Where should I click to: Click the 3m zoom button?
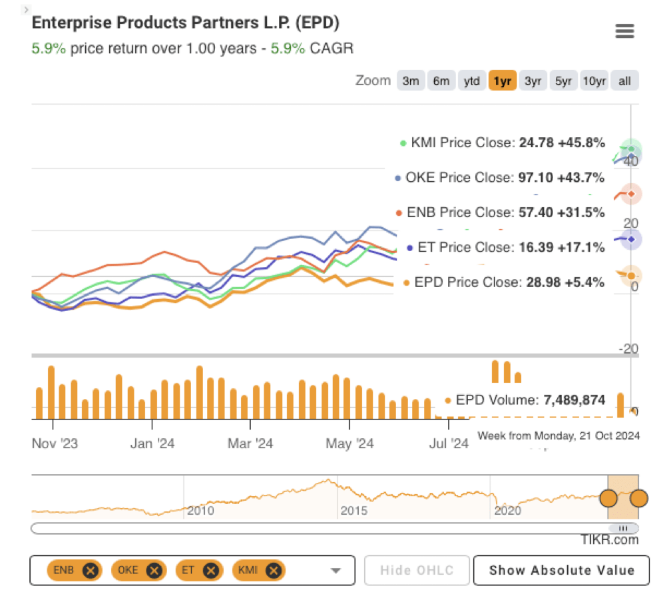(x=411, y=81)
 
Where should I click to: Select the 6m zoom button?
(x=441, y=81)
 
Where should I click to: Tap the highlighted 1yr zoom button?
(x=502, y=81)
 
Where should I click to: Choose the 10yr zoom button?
(x=593, y=81)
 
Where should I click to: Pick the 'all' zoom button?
(x=624, y=81)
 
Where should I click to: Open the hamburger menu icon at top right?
(x=624, y=31)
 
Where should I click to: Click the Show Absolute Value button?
(x=561, y=570)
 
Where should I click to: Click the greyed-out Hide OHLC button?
(x=417, y=570)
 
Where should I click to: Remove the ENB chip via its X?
(x=91, y=570)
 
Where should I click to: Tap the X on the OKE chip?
(x=154, y=570)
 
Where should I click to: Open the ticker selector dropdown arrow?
(x=335, y=571)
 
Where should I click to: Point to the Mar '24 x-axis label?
(x=250, y=444)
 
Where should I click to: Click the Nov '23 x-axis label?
(x=55, y=444)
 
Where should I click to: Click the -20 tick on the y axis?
(x=628, y=350)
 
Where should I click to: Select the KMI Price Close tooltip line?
(x=503, y=143)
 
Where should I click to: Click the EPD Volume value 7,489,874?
(x=574, y=400)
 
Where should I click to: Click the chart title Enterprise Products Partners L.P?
(x=186, y=23)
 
